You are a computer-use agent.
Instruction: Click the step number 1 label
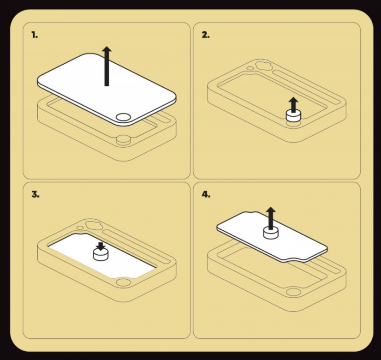(35, 35)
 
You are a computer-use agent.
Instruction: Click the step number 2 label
(206, 35)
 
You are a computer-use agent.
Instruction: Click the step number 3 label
(36, 194)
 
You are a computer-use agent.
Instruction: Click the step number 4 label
(206, 194)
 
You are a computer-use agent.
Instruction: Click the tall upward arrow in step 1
(107, 66)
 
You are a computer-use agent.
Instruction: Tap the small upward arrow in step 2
(294, 105)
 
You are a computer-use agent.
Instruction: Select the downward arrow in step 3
(101, 246)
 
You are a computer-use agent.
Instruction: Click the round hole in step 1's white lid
(123, 117)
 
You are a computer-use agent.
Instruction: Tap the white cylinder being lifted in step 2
(293, 115)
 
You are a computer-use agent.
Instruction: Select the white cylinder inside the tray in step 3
(101, 254)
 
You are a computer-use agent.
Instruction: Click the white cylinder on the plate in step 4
(270, 232)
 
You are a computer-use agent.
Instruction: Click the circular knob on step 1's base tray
(123, 140)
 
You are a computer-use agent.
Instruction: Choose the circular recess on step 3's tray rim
(123, 283)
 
